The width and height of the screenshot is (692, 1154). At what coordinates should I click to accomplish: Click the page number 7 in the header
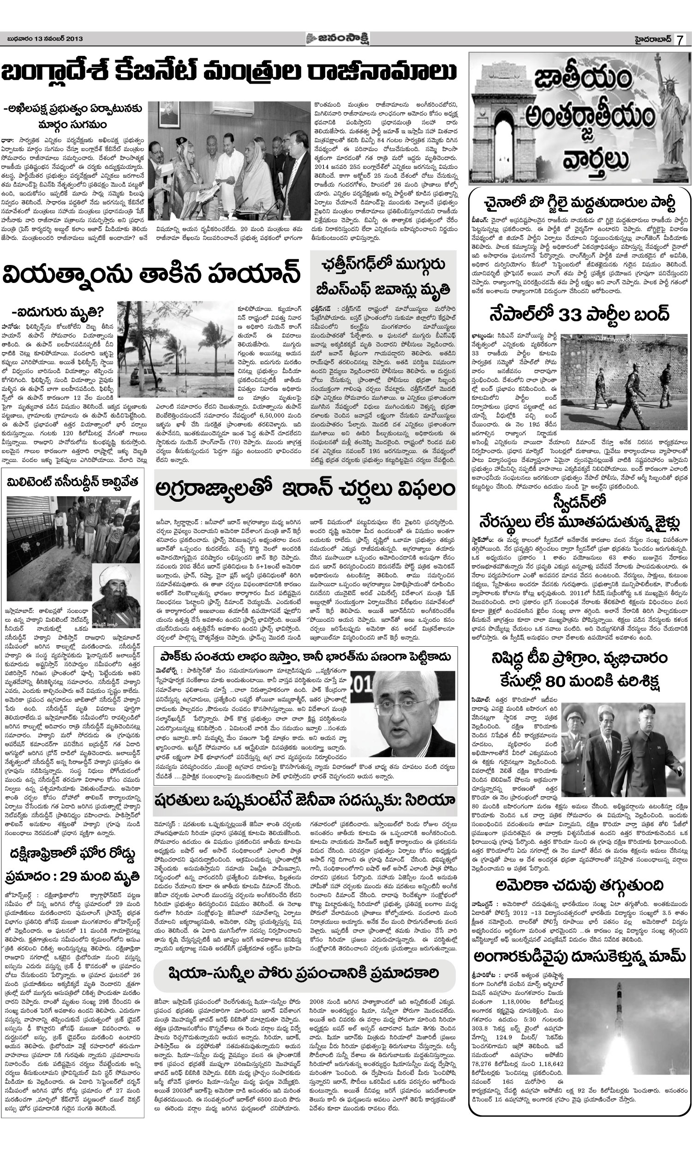[x=681, y=40]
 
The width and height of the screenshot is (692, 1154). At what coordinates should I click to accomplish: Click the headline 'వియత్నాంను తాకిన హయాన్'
[x=150, y=275]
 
